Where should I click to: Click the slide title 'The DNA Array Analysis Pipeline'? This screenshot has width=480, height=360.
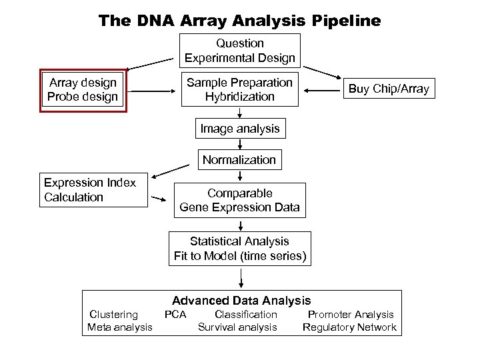click(239, 21)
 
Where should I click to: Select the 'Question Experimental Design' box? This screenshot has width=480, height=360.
click(239, 51)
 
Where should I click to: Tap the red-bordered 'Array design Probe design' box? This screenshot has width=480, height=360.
click(83, 90)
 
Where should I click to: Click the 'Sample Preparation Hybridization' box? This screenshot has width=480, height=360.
click(239, 90)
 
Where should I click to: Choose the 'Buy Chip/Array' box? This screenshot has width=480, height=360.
click(389, 89)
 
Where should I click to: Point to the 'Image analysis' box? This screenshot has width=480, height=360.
click(239, 127)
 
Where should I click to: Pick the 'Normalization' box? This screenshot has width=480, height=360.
click(239, 160)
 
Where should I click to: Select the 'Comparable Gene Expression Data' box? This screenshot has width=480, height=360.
click(239, 200)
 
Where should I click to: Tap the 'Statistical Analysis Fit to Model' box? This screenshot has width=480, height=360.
click(239, 247)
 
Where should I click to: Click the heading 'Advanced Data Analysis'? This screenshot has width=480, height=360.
click(241, 301)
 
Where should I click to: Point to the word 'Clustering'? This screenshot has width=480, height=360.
click(114, 314)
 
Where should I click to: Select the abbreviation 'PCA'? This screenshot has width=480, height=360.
click(175, 314)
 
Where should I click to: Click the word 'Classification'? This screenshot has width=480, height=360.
click(245, 314)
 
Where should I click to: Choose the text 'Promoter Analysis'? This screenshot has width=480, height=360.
click(351, 314)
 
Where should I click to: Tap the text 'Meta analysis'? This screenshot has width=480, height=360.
click(120, 327)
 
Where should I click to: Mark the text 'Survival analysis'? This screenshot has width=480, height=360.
click(237, 327)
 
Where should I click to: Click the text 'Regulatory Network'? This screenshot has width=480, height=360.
click(349, 327)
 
